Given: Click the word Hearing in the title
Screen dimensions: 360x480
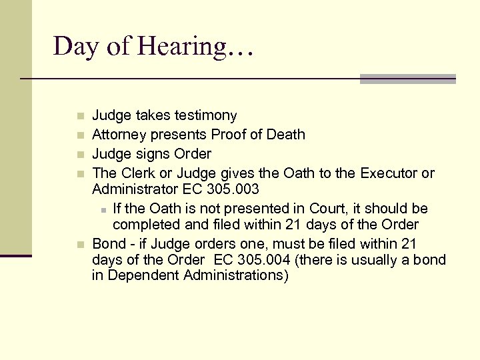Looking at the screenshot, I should coord(195,47).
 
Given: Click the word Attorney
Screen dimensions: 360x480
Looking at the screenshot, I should coord(117,135).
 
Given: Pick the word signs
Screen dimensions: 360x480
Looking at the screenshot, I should coord(153,154).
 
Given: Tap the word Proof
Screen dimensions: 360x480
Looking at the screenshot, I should coord(229,135).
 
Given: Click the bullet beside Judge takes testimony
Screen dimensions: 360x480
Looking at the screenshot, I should coord(79,116).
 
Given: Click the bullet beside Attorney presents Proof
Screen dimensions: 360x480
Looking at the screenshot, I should coord(79,135).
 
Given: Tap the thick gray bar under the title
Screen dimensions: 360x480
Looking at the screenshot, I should coord(407,79).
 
